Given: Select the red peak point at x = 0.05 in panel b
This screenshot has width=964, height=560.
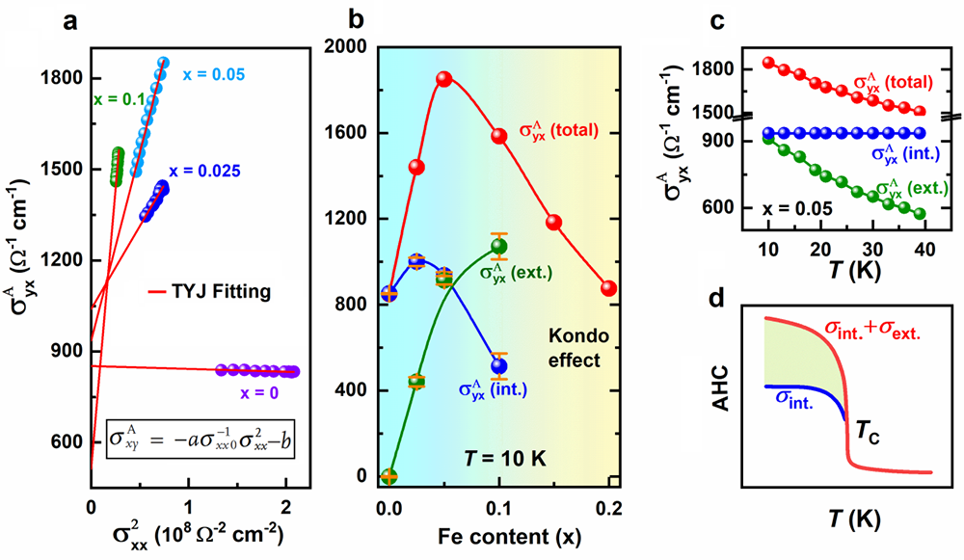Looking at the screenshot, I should coord(444,79).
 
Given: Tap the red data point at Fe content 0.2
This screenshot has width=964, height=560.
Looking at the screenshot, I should coord(608,288).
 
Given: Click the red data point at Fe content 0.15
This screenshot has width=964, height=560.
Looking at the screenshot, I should coord(553,223).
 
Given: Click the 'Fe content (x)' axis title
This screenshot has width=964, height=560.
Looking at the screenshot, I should coord(497,534).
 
